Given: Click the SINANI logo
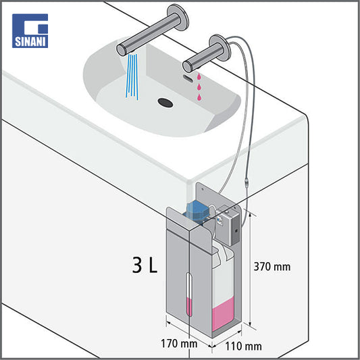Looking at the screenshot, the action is point(30,31).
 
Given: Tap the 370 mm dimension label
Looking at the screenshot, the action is point(272,267).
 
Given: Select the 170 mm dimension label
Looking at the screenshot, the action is point(179,344).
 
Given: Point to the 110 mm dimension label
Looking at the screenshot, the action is point(243,346).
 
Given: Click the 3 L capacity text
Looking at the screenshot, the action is point(145,265).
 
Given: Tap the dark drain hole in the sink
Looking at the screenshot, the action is point(165,103).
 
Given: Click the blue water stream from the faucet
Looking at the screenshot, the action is point(132,77).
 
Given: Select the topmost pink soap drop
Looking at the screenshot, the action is point(199,76).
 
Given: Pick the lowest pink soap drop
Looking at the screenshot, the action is point(199,97).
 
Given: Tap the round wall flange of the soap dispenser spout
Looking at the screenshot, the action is point(220,47).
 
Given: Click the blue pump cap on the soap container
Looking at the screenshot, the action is point(196,210).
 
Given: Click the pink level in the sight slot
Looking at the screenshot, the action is point(189,307).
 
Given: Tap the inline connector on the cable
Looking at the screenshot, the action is point(246,182).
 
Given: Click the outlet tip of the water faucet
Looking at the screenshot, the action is point(121,50).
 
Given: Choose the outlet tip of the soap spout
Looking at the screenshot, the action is point(187,66).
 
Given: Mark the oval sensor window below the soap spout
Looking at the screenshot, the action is point(188,78).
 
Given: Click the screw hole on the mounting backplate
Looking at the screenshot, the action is point(203,189).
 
